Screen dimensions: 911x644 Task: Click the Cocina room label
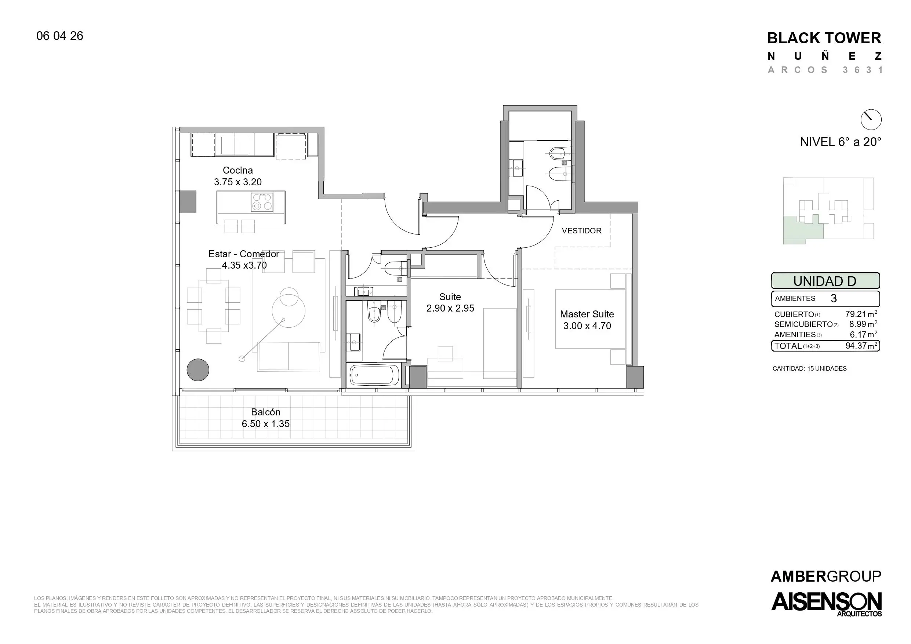238,170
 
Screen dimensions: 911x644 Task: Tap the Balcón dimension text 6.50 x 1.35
266,424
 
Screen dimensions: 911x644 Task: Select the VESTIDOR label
582,230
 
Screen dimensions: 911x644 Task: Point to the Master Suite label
587,314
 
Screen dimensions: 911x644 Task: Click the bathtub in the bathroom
374,375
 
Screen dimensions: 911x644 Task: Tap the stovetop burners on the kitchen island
262,201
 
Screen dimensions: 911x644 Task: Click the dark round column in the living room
198,370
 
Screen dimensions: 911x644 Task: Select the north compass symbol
871,119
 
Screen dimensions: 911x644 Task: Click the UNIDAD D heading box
825,281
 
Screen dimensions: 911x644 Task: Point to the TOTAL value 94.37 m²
861,346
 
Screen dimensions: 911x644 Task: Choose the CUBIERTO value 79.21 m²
861,314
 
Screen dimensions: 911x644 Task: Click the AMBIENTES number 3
834,298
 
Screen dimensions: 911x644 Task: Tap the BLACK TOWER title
824,38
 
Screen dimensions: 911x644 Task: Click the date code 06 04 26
60,36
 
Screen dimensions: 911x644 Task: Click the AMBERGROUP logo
826,576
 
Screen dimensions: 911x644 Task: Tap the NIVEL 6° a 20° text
841,142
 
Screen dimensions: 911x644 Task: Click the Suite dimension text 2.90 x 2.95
450,308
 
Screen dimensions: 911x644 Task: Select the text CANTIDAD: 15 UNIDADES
809,369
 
